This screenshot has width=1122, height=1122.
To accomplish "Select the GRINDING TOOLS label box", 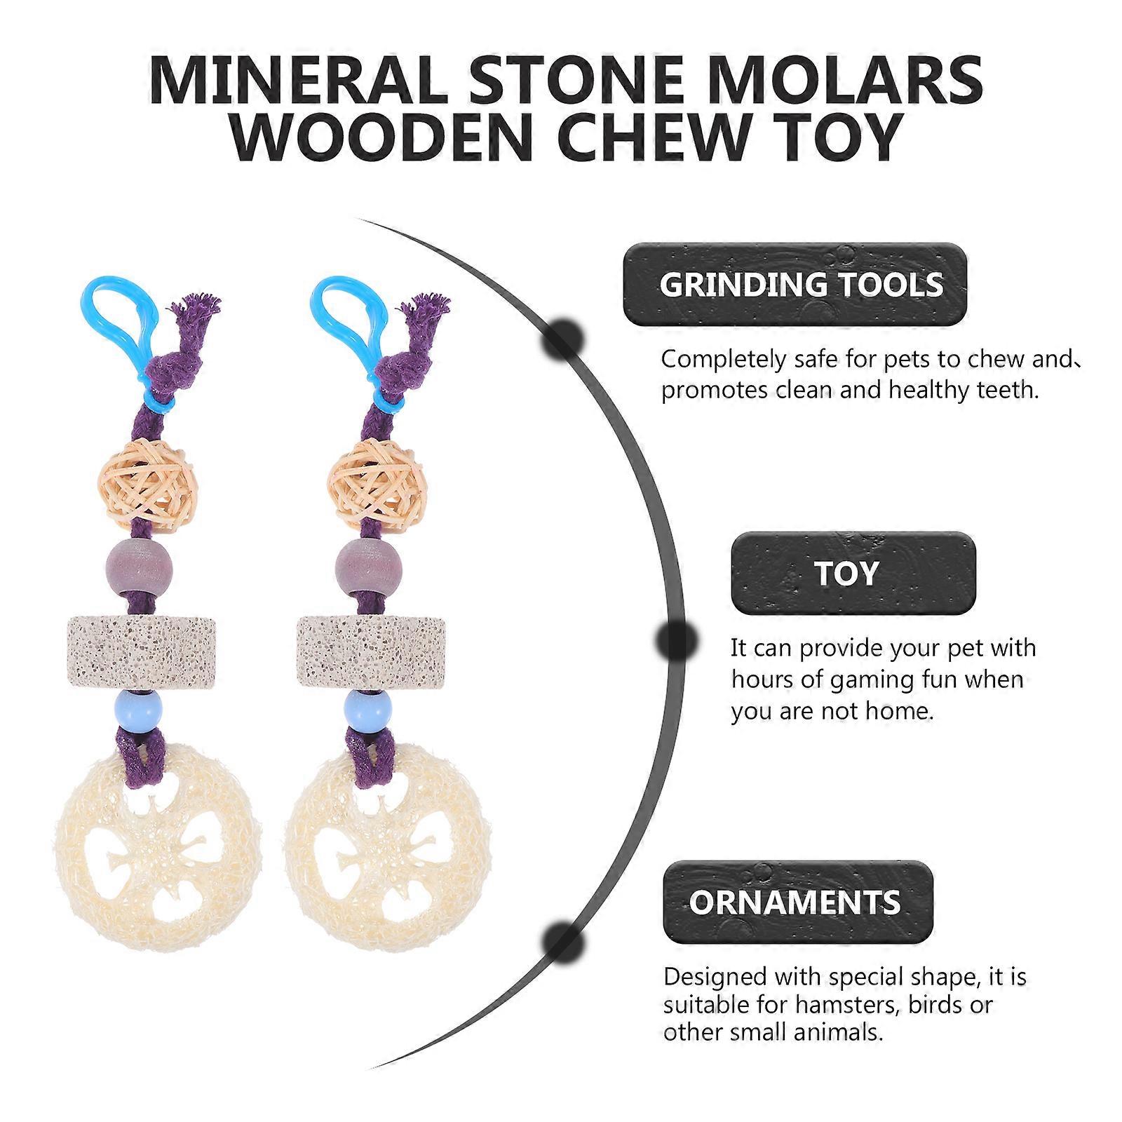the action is [795, 284].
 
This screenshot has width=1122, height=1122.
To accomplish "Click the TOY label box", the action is [853, 573].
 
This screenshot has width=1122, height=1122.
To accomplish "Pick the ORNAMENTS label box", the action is [798, 903].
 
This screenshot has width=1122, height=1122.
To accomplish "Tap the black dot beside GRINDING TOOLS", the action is [563, 339].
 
